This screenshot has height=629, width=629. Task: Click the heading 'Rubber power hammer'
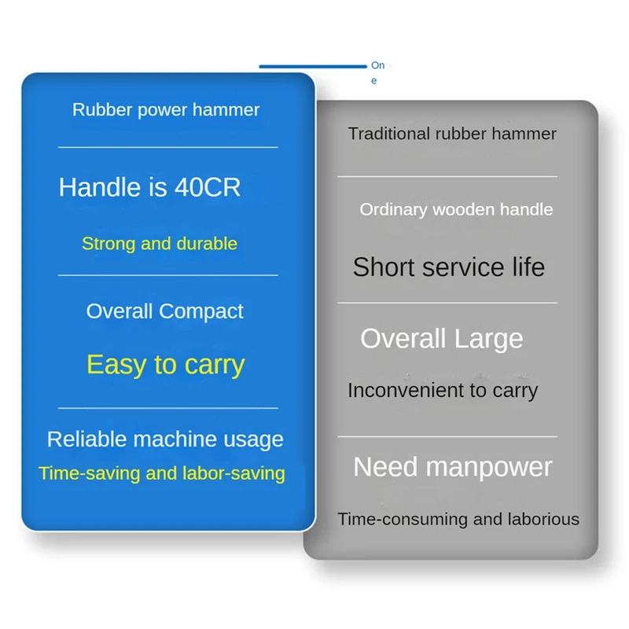pos(166,110)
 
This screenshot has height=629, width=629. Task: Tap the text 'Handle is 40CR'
pos(149,187)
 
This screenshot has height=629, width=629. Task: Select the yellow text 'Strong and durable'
pos(160,244)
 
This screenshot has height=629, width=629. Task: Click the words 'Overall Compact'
pos(165,311)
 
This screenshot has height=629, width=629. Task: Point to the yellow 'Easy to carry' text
pos(166,365)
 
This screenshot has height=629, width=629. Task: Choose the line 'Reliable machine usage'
pos(165,439)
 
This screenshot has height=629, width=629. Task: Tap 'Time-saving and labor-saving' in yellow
pos(162,473)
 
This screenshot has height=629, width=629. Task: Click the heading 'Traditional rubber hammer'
pos(452,134)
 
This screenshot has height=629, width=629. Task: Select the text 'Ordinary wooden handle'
pos(456,210)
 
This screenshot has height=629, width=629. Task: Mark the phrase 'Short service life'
pos(449,267)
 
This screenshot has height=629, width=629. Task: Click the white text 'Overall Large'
pos(442,339)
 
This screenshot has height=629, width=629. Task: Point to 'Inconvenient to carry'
pos(443,391)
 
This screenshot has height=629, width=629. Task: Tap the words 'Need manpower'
pos(453,467)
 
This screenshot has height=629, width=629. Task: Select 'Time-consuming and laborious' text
pos(458,519)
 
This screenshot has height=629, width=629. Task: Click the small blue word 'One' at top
pos(377,72)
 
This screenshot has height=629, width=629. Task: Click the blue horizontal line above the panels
pos(313,66)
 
